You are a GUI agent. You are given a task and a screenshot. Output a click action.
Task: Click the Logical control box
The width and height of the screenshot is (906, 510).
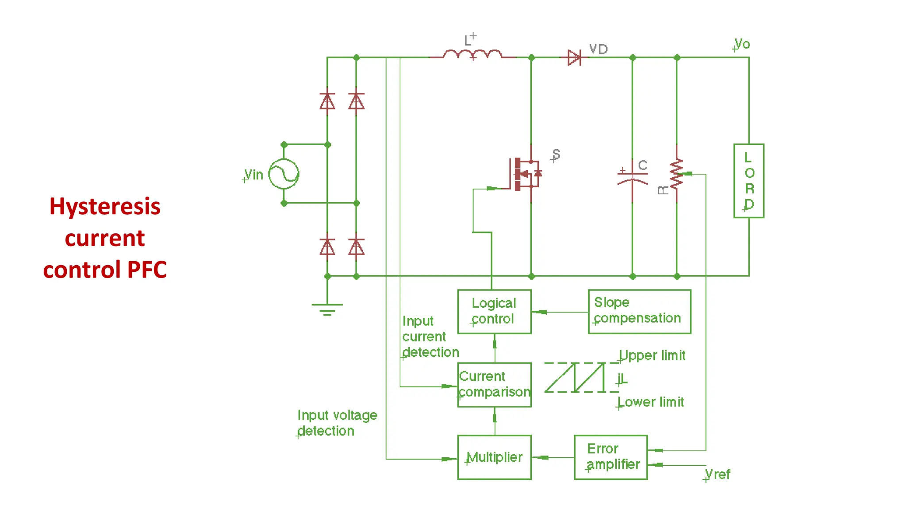tap(494, 311)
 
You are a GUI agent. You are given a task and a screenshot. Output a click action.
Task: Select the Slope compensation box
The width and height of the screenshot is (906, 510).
tap(639, 311)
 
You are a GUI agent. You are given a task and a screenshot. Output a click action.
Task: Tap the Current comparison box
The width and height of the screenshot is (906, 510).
tap(494, 384)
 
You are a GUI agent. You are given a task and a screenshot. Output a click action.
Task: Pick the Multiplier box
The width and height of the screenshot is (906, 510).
tap(494, 457)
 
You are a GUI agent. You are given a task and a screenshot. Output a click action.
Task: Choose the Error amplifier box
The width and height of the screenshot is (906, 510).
tap(610, 457)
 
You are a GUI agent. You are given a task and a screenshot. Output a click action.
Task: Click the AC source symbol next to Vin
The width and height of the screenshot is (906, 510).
tap(284, 174)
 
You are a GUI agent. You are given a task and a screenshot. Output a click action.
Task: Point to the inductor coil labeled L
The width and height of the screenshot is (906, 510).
tap(472, 54)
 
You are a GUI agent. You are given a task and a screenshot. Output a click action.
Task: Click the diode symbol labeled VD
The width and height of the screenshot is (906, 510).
tap(574, 57)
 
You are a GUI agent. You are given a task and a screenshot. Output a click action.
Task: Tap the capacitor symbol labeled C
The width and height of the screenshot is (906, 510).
tap(632, 177)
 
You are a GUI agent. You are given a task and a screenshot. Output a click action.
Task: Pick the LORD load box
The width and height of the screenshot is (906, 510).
tap(749, 181)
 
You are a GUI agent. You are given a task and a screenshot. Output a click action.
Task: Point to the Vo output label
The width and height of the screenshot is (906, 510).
tap(742, 44)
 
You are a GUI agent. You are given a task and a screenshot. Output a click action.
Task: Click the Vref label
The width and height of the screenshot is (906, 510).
tap(717, 474)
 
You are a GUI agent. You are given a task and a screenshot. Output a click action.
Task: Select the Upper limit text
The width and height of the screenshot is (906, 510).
tap(652, 355)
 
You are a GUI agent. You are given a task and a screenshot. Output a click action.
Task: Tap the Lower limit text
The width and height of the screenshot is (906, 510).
tap(651, 402)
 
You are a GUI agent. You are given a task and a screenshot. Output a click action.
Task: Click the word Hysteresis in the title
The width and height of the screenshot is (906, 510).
tap(105, 206)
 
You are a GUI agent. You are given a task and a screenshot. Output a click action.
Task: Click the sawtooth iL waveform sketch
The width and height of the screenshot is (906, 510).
tap(575, 377)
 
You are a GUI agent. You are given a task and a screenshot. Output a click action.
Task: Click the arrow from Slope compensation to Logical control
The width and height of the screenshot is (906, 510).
tap(541, 312)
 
